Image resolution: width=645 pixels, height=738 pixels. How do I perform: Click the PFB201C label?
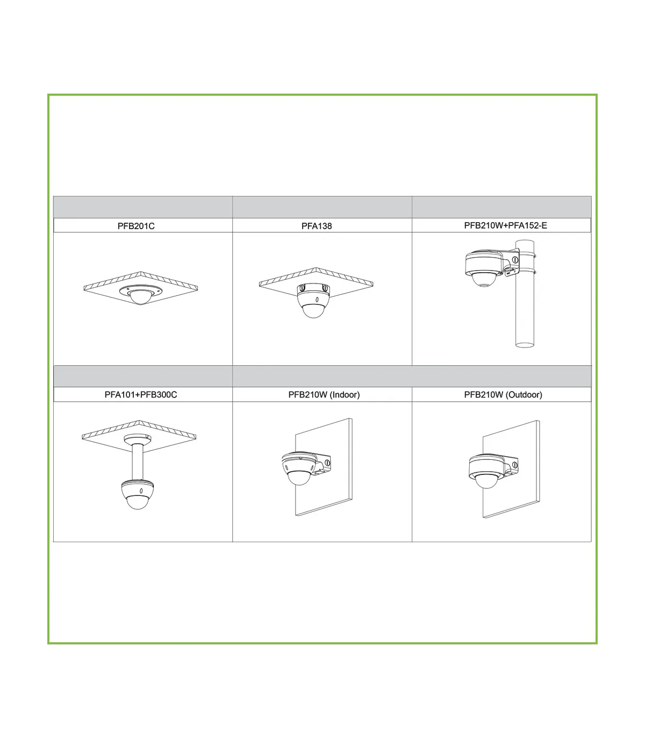click(136, 226)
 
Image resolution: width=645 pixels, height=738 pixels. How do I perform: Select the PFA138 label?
click(317, 226)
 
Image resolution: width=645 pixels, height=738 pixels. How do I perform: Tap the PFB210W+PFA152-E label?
click(505, 225)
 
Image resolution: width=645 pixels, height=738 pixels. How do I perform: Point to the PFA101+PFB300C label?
click(140, 395)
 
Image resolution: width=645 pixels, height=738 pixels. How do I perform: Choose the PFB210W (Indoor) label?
click(324, 395)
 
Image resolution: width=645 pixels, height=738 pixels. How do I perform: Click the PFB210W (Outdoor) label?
click(503, 395)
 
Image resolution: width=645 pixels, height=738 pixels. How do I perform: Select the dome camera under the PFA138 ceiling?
click(313, 300)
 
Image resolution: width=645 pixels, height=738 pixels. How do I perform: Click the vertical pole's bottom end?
click(525, 345)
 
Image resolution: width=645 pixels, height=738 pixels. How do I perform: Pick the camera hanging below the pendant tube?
click(137, 494)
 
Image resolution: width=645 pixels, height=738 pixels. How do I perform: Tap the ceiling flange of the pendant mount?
click(137, 439)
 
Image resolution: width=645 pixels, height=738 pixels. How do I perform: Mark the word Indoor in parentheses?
click(345, 395)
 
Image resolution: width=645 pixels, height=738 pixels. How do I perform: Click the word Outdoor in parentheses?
click(524, 395)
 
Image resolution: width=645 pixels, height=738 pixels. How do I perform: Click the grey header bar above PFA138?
click(322, 207)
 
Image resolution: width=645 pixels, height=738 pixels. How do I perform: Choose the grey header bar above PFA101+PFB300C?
click(143, 376)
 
